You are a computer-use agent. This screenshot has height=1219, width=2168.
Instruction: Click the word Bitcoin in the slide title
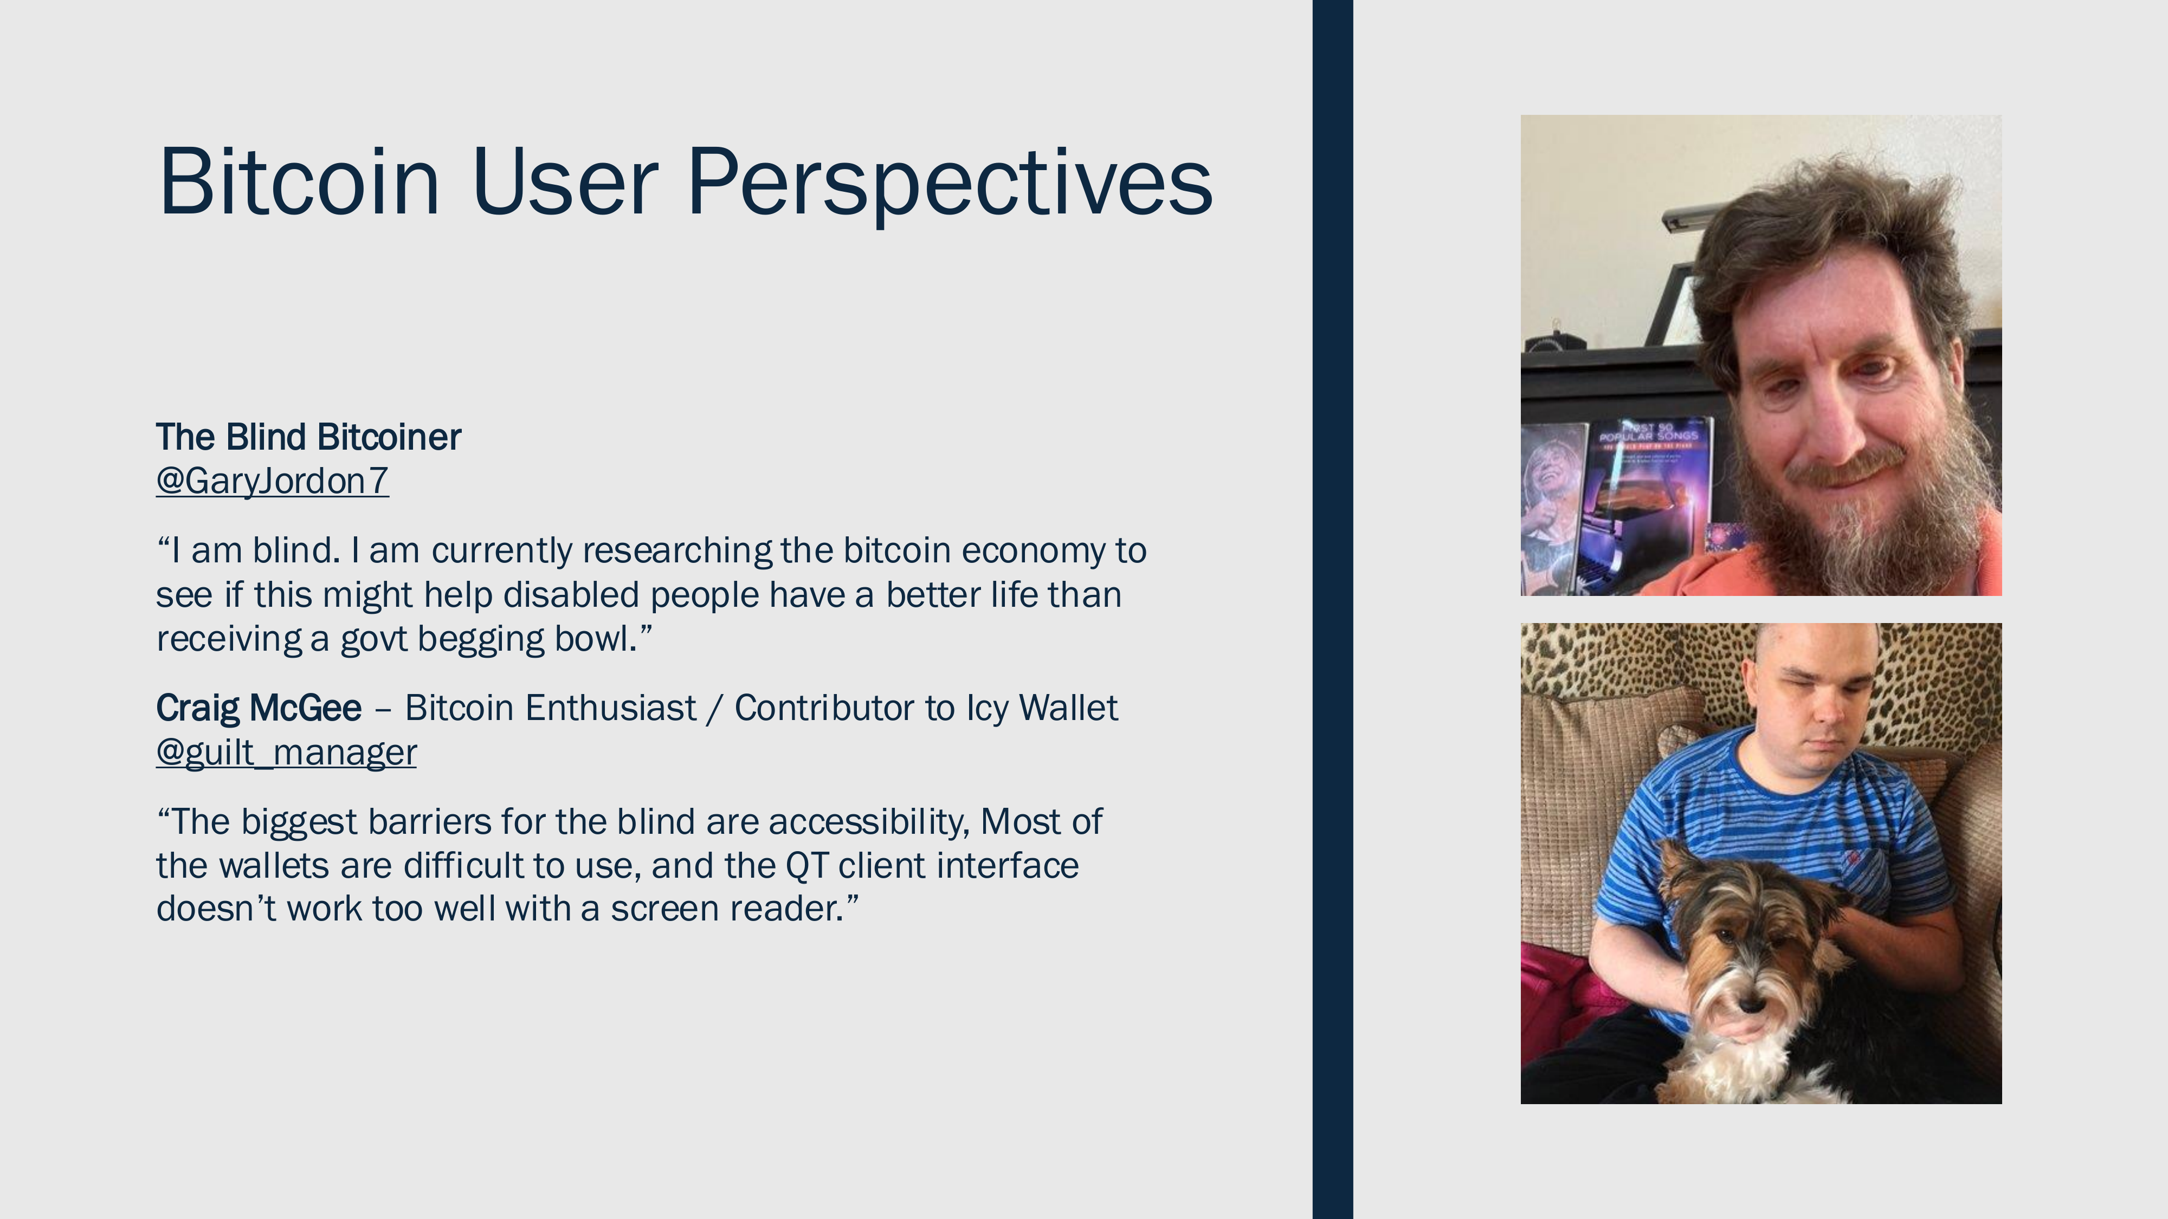(x=299, y=181)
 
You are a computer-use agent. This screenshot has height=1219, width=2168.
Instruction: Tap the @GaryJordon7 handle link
(x=272, y=481)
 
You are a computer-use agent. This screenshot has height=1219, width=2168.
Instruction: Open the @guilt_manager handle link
(x=286, y=752)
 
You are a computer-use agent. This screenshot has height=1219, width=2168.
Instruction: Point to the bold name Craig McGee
(x=259, y=708)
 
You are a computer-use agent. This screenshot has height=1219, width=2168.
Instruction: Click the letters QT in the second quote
(x=806, y=866)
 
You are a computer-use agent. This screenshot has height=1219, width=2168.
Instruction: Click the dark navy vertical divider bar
(x=1332, y=609)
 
